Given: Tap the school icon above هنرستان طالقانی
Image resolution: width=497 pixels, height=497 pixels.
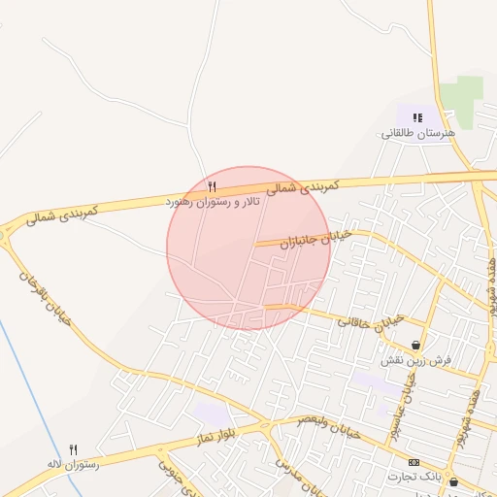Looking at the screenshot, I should point(416,118).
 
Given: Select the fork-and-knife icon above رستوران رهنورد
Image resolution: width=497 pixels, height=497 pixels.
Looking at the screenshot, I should point(213,185).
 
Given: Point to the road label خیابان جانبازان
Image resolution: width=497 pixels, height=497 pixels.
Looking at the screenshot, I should point(313,237).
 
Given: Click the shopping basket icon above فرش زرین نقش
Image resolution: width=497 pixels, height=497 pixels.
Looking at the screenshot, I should point(416,345).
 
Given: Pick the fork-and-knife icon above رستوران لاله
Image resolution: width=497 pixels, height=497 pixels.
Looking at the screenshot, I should point(74,449).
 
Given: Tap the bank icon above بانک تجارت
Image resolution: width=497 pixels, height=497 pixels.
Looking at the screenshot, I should point(414,462).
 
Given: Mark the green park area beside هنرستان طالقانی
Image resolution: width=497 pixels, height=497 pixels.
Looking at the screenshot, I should point(461,98).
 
